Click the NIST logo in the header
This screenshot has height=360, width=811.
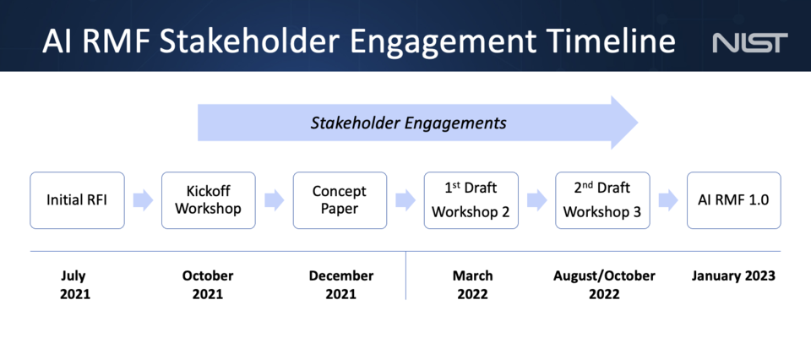(749, 42)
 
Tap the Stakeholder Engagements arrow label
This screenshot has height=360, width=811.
(408, 123)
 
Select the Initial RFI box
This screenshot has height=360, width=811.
(77, 200)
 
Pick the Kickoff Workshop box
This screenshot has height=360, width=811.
(208, 200)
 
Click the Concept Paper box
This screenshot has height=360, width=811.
(340, 200)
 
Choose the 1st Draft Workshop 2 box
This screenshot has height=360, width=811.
(471, 200)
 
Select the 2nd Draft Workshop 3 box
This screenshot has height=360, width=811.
(602, 200)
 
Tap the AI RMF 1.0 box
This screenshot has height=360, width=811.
(733, 200)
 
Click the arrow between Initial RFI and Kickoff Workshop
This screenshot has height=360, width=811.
(143, 200)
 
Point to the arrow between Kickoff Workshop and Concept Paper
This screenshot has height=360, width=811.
(274, 200)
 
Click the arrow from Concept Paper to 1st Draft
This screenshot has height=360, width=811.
(405, 200)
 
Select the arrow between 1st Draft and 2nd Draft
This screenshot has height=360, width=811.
(536, 200)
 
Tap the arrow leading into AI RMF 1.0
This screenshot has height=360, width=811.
(668, 200)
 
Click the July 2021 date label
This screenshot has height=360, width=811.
(74, 285)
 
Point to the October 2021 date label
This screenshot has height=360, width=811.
(208, 285)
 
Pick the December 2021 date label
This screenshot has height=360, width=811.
(340, 285)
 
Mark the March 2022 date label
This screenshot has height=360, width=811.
(472, 285)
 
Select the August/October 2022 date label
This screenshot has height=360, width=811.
(604, 285)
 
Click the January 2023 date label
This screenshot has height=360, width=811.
(733, 276)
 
